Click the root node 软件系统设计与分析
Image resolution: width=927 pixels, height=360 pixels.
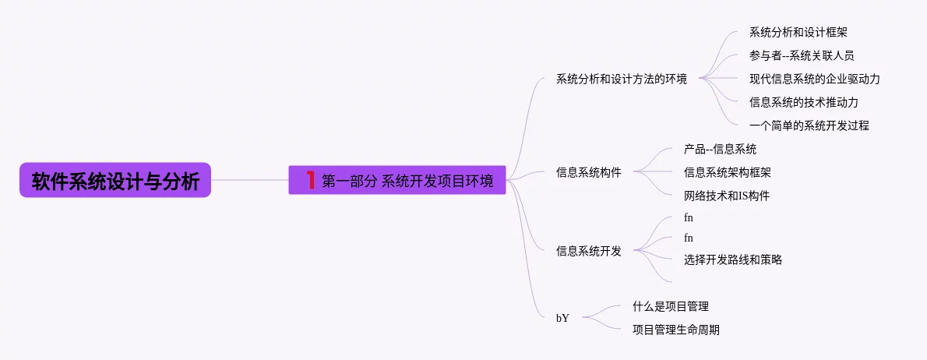point(115,180)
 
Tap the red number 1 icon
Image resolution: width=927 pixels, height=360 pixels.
point(310,180)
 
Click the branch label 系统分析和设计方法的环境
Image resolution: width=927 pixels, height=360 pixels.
point(621,79)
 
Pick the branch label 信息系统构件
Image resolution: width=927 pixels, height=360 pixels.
point(588,172)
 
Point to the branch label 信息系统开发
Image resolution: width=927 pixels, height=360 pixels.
point(588,251)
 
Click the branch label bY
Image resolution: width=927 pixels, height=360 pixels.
point(562,318)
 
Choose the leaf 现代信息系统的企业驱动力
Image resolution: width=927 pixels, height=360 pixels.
point(815,79)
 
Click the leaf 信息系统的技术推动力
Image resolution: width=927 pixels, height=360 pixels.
point(804,102)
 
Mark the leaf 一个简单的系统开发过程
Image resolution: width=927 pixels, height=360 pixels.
point(809,125)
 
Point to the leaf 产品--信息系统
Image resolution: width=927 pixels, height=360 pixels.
point(720,149)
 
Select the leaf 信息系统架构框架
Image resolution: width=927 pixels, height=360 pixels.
point(728,172)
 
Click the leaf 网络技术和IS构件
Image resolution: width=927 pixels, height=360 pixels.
point(727,196)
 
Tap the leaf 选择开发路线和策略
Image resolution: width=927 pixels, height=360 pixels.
point(732,259)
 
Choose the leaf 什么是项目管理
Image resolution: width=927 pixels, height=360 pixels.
point(670,306)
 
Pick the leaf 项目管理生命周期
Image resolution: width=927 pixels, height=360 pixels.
point(675,330)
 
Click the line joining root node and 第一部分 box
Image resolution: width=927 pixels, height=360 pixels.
point(249,180)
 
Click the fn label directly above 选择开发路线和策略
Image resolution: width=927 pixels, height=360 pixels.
point(688,238)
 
